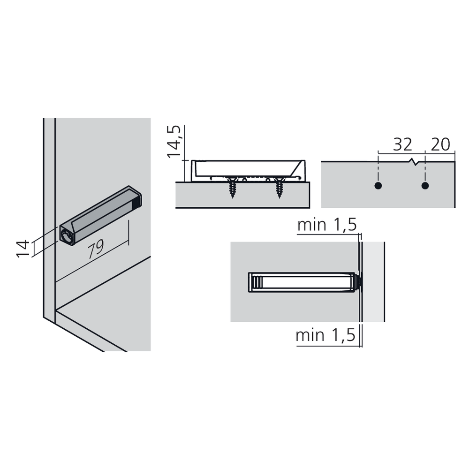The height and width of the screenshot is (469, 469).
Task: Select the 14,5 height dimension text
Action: click(x=174, y=142)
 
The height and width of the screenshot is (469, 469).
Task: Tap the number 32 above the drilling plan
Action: click(x=402, y=145)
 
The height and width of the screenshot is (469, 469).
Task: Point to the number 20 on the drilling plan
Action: click(x=440, y=145)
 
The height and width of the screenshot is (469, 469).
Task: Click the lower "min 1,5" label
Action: click(x=325, y=335)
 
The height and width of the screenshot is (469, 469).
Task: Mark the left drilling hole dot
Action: click(x=378, y=186)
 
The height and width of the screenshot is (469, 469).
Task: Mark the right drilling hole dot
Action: click(x=425, y=186)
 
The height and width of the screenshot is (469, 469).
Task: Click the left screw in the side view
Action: click(x=233, y=188)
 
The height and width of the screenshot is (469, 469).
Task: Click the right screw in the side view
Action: click(x=280, y=188)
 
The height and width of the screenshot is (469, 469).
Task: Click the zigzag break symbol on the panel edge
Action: click(x=414, y=162)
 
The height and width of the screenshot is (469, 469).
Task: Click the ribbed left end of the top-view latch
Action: click(x=256, y=282)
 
